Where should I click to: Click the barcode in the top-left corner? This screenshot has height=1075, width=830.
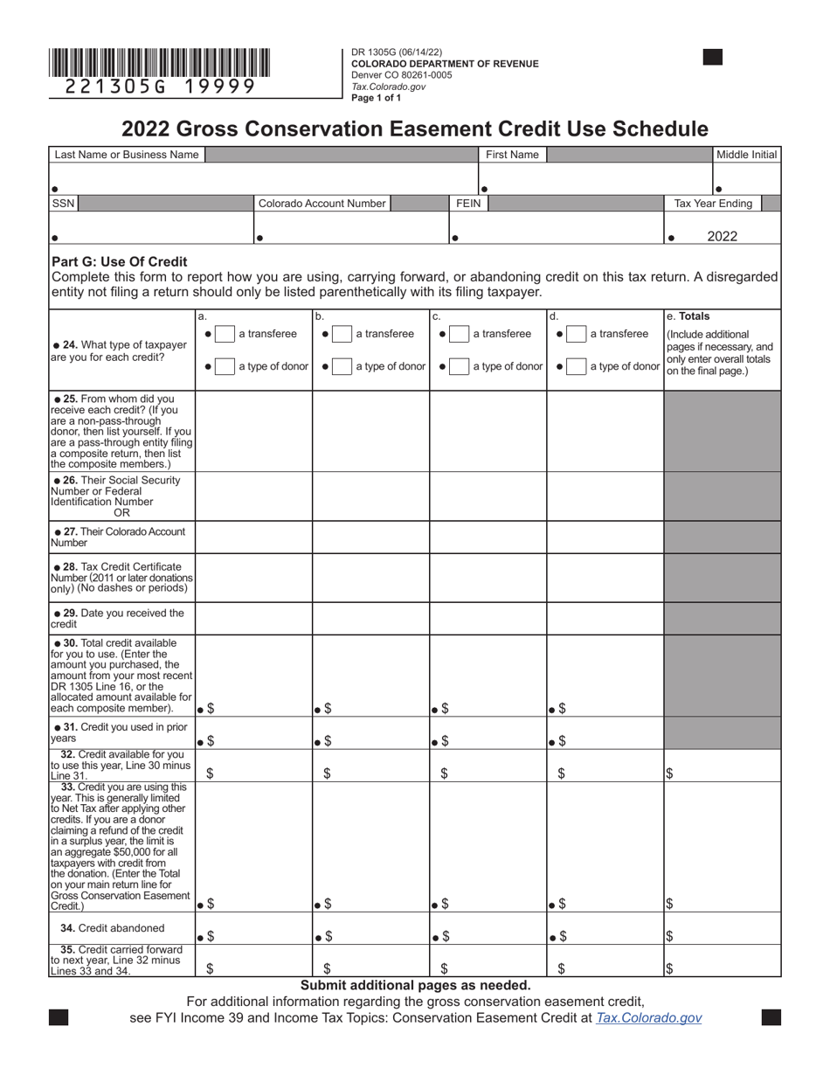(159, 64)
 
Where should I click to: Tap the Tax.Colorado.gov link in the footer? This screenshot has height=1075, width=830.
(648, 1018)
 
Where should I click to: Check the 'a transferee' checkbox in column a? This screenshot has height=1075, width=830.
(225, 334)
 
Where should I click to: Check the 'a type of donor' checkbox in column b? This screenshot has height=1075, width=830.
(342, 366)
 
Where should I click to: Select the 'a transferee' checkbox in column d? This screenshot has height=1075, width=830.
(576, 334)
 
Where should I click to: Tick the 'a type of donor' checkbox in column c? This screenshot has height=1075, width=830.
(459, 366)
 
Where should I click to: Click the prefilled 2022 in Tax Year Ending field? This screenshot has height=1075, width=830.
(723, 236)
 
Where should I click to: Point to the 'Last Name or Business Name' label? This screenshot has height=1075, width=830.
(127, 155)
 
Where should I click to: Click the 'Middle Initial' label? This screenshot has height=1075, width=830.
(746, 155)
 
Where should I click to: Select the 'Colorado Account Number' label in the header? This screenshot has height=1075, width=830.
(322, 204)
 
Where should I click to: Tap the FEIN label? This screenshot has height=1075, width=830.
(468, 204)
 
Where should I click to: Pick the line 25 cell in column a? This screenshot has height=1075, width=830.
(253, 431)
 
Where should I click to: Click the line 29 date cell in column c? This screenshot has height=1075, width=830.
(488, 618)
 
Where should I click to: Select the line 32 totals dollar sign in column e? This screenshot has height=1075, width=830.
(669, 773)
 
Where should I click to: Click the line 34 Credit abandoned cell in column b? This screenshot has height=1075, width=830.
(370, 928)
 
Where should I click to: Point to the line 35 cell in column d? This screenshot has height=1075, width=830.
(605, 961)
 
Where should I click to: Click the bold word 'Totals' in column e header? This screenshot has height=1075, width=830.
(695, 316)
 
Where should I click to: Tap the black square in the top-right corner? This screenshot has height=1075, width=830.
(713, 58)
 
